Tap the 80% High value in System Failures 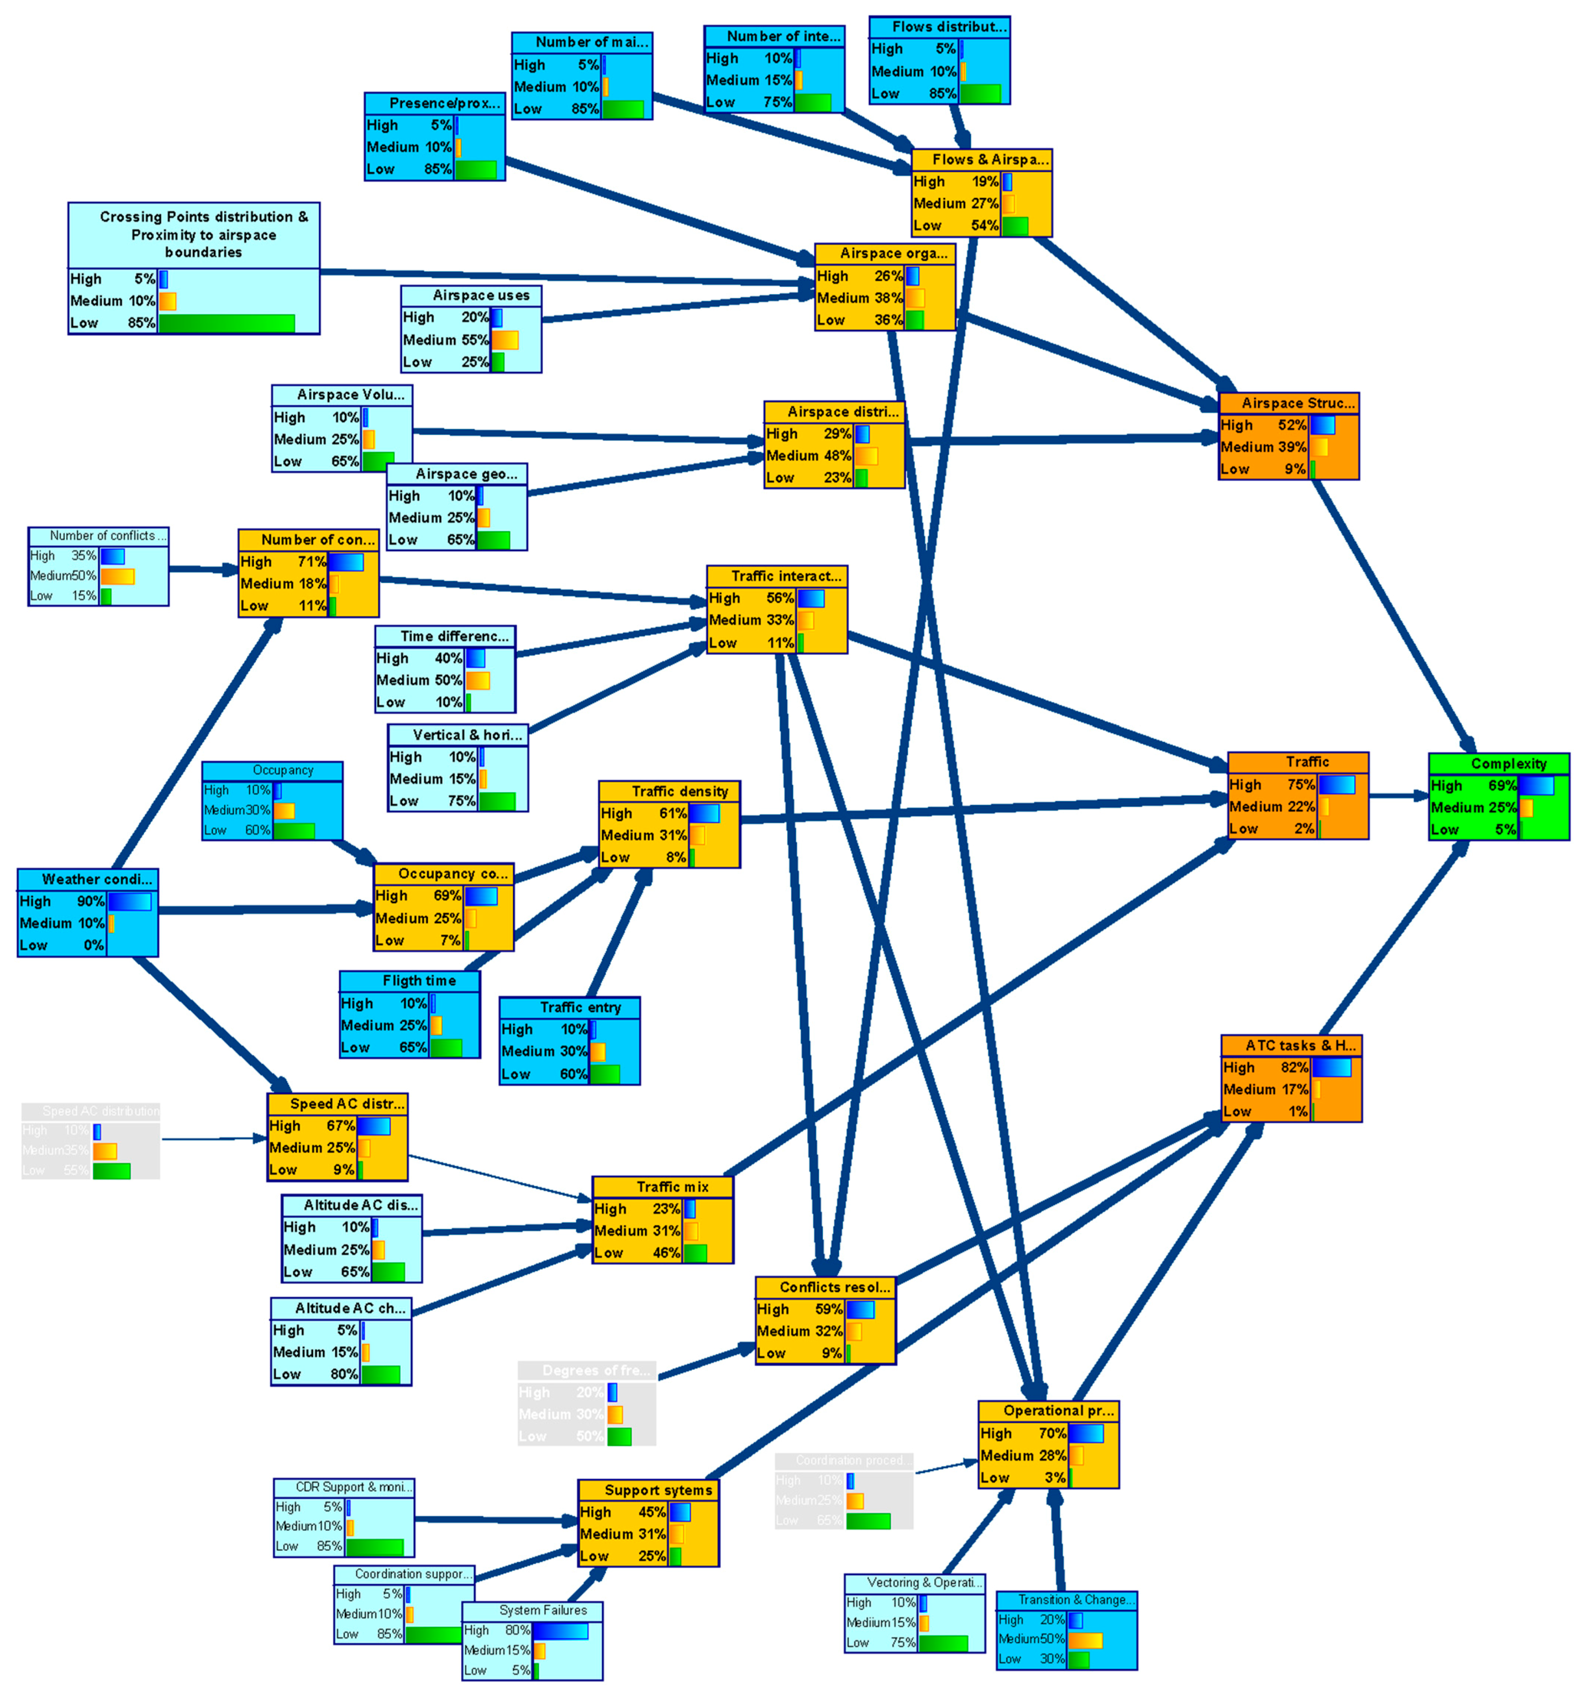click(517, 1629)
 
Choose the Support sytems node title click(658, 1490)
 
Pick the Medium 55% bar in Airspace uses click(505, 340)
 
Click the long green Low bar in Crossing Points click(226, 323)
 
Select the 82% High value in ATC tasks click(1294, 1067)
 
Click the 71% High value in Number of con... click(312, 562)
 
